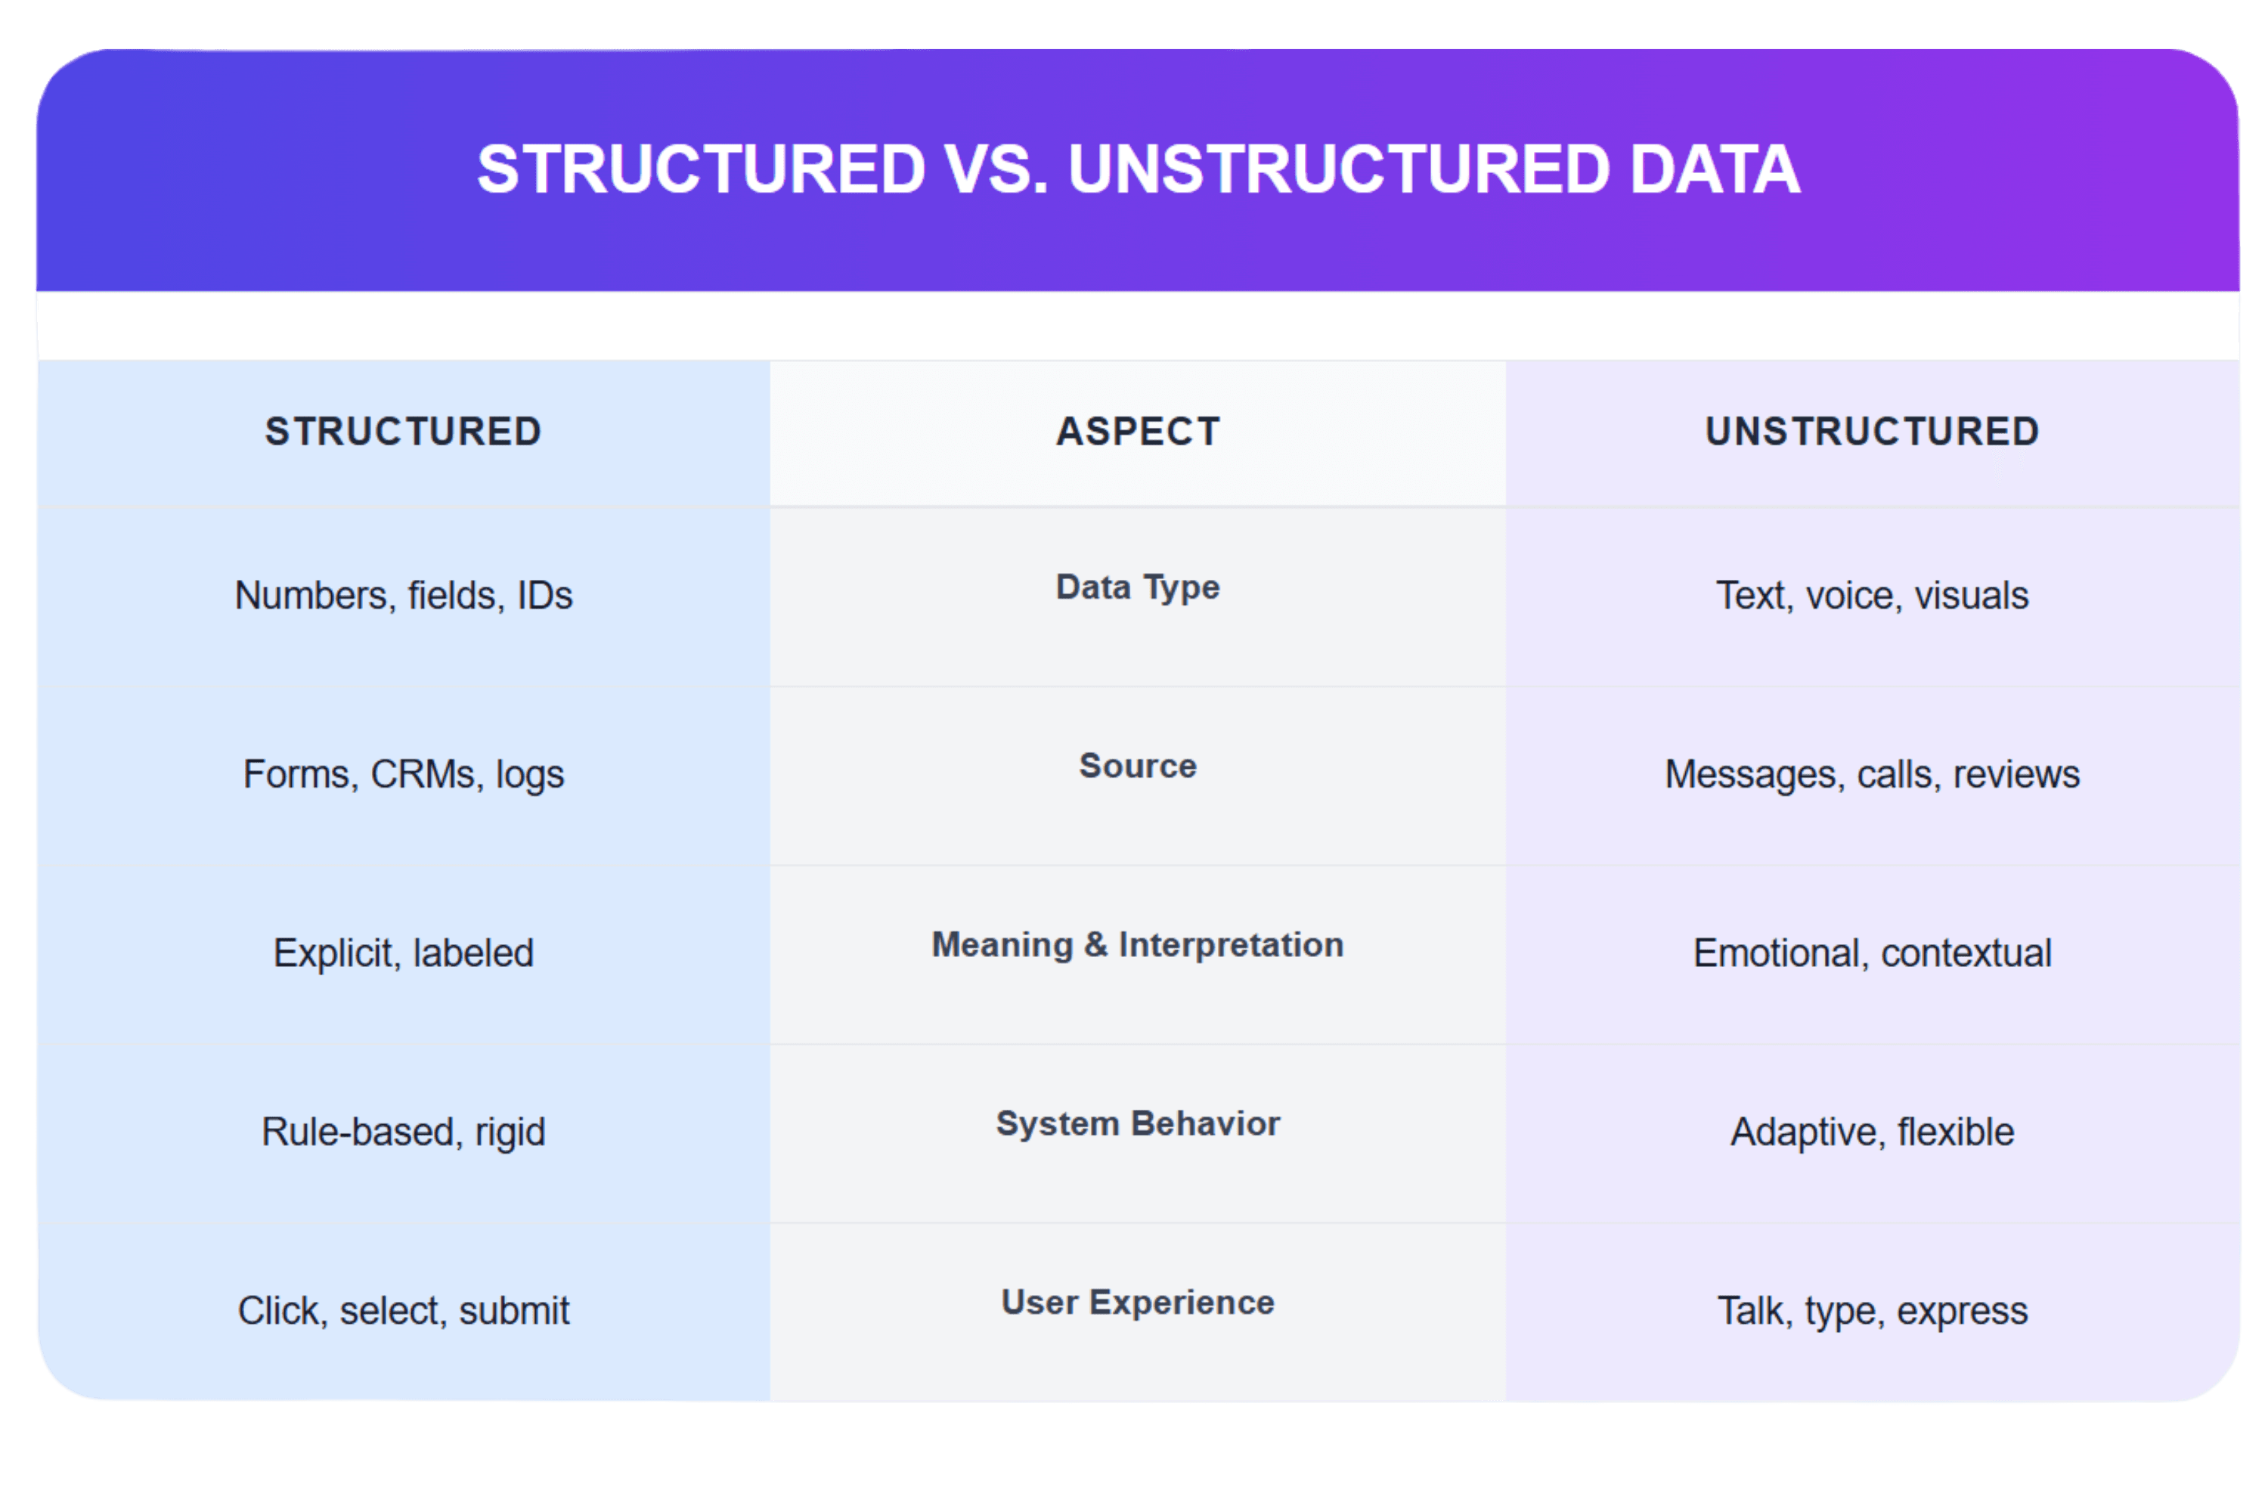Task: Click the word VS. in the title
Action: coord(995,169)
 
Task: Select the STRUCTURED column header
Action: coord(403,431)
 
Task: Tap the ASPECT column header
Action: coord(1138,431)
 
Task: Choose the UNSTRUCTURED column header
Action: coord(1872,431)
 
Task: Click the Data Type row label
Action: coord(1138,587)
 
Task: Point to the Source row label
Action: coord(1138,766)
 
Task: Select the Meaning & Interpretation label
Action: coord(1138,945)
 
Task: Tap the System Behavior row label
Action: coord(1138,1123)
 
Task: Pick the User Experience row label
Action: coord(1138,1303)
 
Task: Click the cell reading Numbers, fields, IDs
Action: coord(403,596)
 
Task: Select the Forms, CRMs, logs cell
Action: coord(403,774)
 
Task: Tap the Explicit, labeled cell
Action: coord(403,953)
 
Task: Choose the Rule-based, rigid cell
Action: coord(403,1132)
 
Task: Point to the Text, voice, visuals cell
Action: coord(1872,596)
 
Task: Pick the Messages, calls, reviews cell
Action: coord(1872,774)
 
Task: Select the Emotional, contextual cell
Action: coord(1872,953)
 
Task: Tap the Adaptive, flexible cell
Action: coord(1872,1132)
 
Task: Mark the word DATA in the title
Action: coord(1715,169)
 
